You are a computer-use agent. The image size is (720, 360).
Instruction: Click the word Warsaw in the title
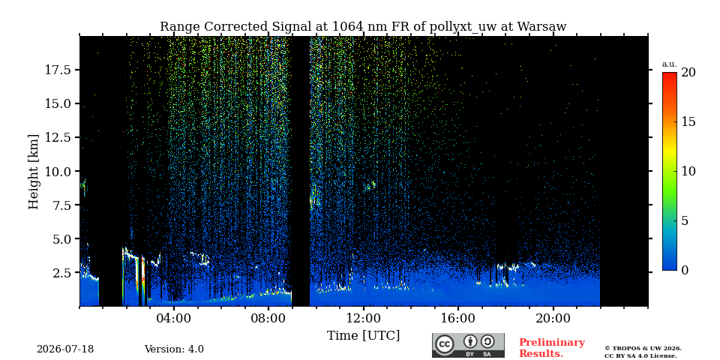coord(541,27)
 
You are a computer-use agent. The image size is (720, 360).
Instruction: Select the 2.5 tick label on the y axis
coord(63,273)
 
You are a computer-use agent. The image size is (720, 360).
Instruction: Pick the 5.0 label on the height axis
coord(63,238)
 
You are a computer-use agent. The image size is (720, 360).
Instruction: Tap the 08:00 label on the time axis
coord(268,318)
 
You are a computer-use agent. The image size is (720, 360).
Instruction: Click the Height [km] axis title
coord(34,171)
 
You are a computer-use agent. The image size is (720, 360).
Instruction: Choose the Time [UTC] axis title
coord(363,336)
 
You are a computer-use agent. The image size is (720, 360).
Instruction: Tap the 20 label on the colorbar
coord(688,73)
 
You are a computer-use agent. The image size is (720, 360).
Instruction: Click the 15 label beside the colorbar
coord(688,122)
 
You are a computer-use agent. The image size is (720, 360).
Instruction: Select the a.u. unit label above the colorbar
coord(669,64)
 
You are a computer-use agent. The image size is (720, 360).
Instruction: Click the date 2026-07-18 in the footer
coord(65,349)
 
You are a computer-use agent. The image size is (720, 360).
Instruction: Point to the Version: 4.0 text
coord(174,349)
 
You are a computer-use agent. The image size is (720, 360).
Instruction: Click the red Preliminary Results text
coord(552,348)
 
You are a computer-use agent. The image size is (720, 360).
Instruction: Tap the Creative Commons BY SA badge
coord(468,345)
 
